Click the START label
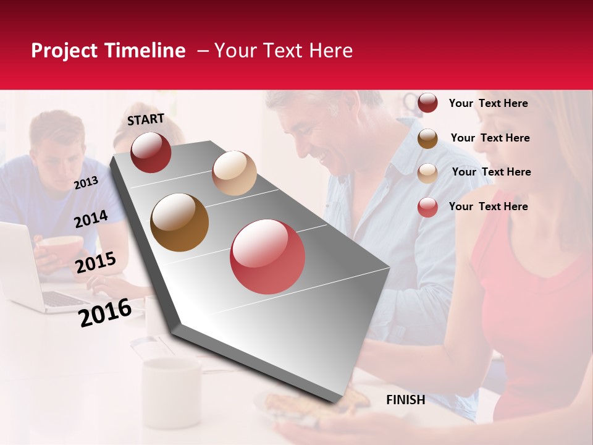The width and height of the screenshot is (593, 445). (146, 119)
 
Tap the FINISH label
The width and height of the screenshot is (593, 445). (405, 400)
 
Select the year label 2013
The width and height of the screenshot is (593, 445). (86, 183)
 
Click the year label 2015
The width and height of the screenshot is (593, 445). (96, 263)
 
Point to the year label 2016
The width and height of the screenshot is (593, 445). (105, 312)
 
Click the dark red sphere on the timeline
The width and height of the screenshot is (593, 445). (151, 152)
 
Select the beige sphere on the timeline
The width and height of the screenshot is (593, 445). (234, 173)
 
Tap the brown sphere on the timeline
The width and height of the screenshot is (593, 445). (180, 222)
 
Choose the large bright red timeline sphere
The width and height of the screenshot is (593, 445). (267, 256)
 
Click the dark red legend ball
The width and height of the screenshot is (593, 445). (427, 103)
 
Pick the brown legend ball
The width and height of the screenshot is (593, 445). (427, 138)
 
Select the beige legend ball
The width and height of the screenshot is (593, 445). (427, 173)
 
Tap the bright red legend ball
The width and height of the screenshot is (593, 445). (427, 207)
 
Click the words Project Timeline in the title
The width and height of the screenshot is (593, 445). (108, 51)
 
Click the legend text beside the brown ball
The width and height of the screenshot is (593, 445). (490, 138)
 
